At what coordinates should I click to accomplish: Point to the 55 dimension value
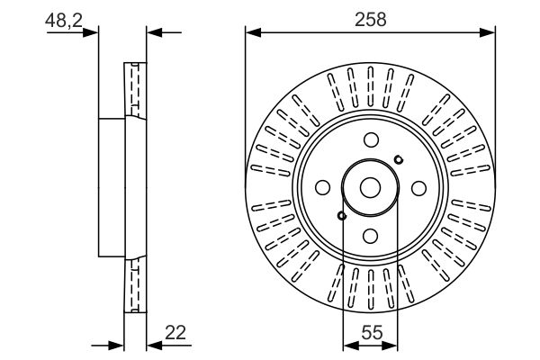coord(370,331)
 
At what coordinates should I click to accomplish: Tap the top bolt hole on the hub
coord(371,140)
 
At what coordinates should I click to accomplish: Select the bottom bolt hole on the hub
coord(371,233)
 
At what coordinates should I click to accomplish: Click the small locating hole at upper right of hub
coord(399,159)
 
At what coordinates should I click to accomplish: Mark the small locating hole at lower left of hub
coord(341,214)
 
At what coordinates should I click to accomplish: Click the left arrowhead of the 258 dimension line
coord(252,33)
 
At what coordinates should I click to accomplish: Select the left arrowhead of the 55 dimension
coord(349,345)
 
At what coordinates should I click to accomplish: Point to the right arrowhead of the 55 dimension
coord(391,345)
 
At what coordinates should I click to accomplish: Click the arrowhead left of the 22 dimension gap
coord(116,345)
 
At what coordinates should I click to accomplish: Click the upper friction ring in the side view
coord(136,89)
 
